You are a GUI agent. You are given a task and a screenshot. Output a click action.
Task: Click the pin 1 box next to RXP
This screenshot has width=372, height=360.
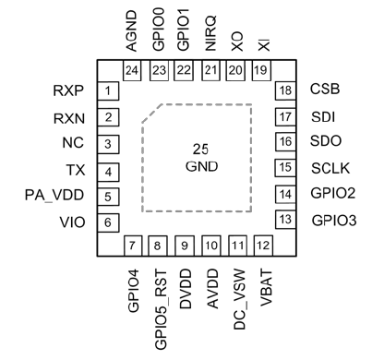[109, 90]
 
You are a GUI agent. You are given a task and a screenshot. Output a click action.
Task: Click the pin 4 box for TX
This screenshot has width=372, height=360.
[109, 171]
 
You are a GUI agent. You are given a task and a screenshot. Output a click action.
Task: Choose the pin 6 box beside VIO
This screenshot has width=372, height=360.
[109, 222]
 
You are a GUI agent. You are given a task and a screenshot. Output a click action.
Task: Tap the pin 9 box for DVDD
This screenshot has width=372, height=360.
[186, 246]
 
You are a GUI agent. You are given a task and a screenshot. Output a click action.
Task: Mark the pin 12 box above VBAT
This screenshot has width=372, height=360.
[264, 246]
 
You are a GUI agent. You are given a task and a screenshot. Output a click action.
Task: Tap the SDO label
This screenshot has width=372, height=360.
[326, 142]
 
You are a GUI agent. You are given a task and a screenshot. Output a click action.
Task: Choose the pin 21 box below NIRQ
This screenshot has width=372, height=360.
[211, 70]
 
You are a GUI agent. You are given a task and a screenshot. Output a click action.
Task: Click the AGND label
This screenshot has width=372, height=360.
[135, 33]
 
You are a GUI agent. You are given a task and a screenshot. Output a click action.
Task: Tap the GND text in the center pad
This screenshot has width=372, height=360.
[200, 165]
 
